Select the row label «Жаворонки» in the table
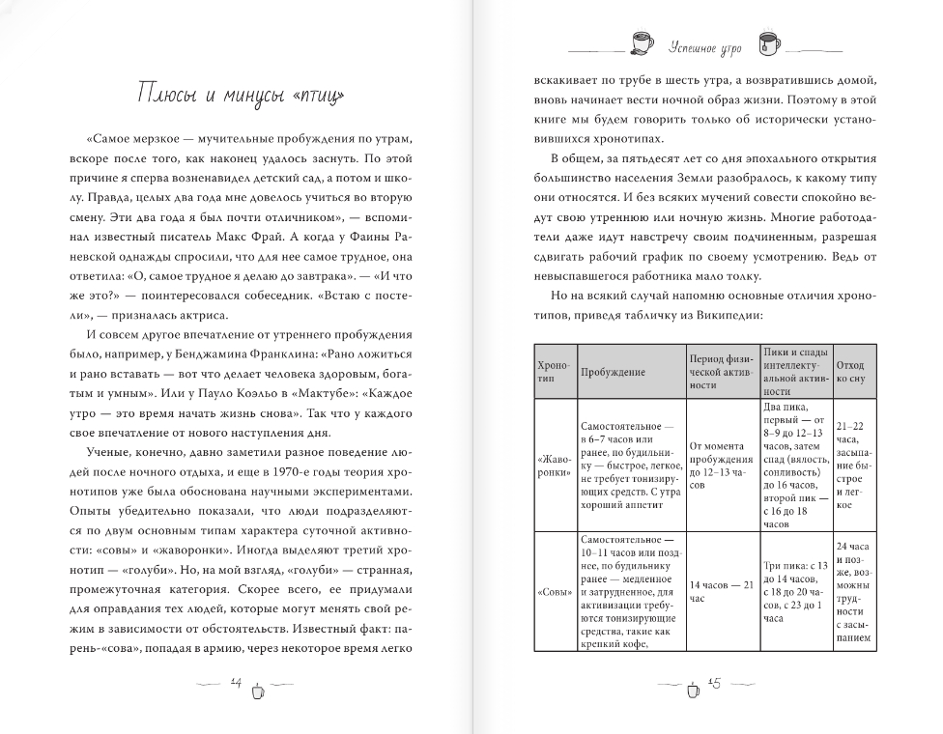(x=555, y=466)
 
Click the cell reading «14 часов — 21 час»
(x=721, y=591)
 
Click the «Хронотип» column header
(x=555, y=372)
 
